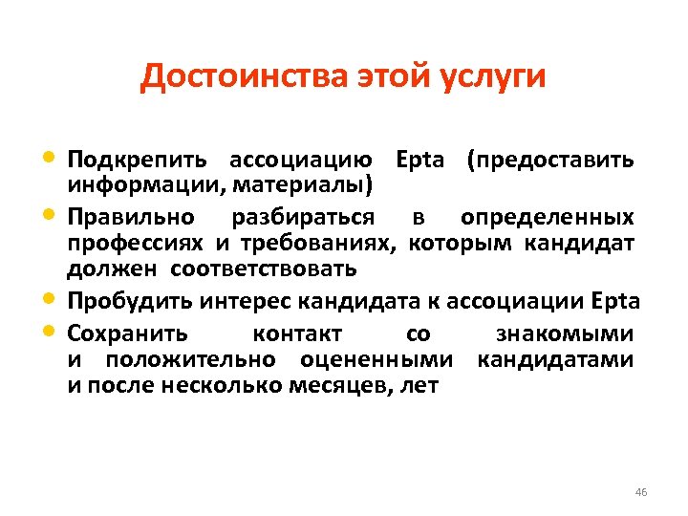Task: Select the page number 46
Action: pos(640,492)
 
